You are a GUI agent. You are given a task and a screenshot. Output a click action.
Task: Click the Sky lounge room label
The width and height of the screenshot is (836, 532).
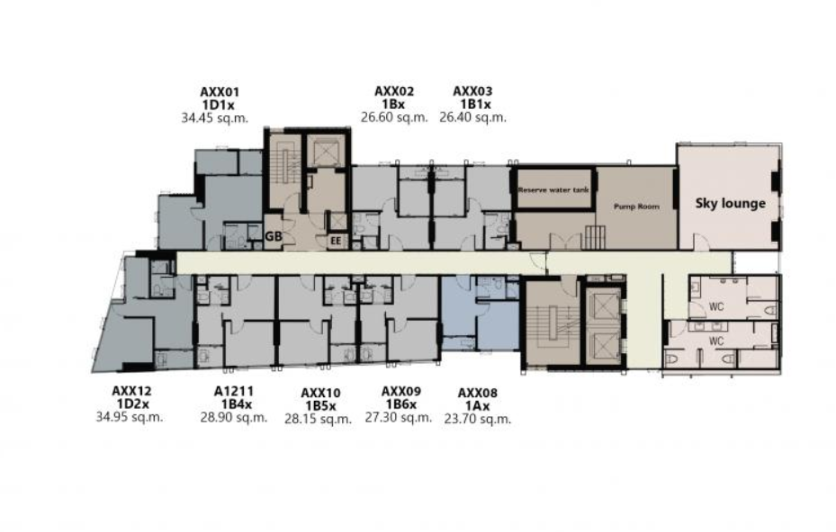coord(731,203)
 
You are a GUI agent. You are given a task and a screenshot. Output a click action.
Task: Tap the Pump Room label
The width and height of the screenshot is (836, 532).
coord(636,206)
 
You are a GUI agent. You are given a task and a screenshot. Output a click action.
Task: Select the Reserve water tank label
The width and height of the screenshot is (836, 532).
coord(553,190)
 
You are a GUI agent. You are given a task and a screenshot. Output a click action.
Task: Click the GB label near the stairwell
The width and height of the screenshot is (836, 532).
coord(274,236)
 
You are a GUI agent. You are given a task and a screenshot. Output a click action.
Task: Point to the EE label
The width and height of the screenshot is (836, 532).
coord(336,241)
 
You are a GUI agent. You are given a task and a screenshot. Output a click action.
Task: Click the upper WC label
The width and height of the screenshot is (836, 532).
coord(716,306)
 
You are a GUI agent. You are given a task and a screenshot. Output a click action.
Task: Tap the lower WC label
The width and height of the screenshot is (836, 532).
coord(716,341)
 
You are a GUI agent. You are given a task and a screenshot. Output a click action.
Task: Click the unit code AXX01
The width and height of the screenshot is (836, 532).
coord(220,93)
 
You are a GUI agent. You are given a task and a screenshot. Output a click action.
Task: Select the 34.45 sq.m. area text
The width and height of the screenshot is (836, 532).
coord(214,118)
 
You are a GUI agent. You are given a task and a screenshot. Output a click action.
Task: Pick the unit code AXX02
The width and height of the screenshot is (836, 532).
coord(394,92)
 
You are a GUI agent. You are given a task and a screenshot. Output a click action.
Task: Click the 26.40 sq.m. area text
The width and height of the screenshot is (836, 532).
coord(472,117)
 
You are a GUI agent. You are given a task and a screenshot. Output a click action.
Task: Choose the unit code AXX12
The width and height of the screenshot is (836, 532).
coord(131,392)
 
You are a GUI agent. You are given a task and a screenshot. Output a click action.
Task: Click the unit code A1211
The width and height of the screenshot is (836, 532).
coord(234,392)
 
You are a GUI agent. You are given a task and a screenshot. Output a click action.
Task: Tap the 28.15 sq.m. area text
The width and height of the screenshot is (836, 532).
coord(318,419)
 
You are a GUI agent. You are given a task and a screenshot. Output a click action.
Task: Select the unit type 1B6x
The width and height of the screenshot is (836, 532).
coord(401,404)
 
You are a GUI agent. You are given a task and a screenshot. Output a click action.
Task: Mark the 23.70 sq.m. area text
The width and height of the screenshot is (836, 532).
coord(477,419)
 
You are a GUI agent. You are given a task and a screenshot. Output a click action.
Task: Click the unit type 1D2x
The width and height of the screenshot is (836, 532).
coord(133,404)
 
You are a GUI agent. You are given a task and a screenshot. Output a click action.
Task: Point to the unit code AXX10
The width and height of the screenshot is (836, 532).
coord(320,394)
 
